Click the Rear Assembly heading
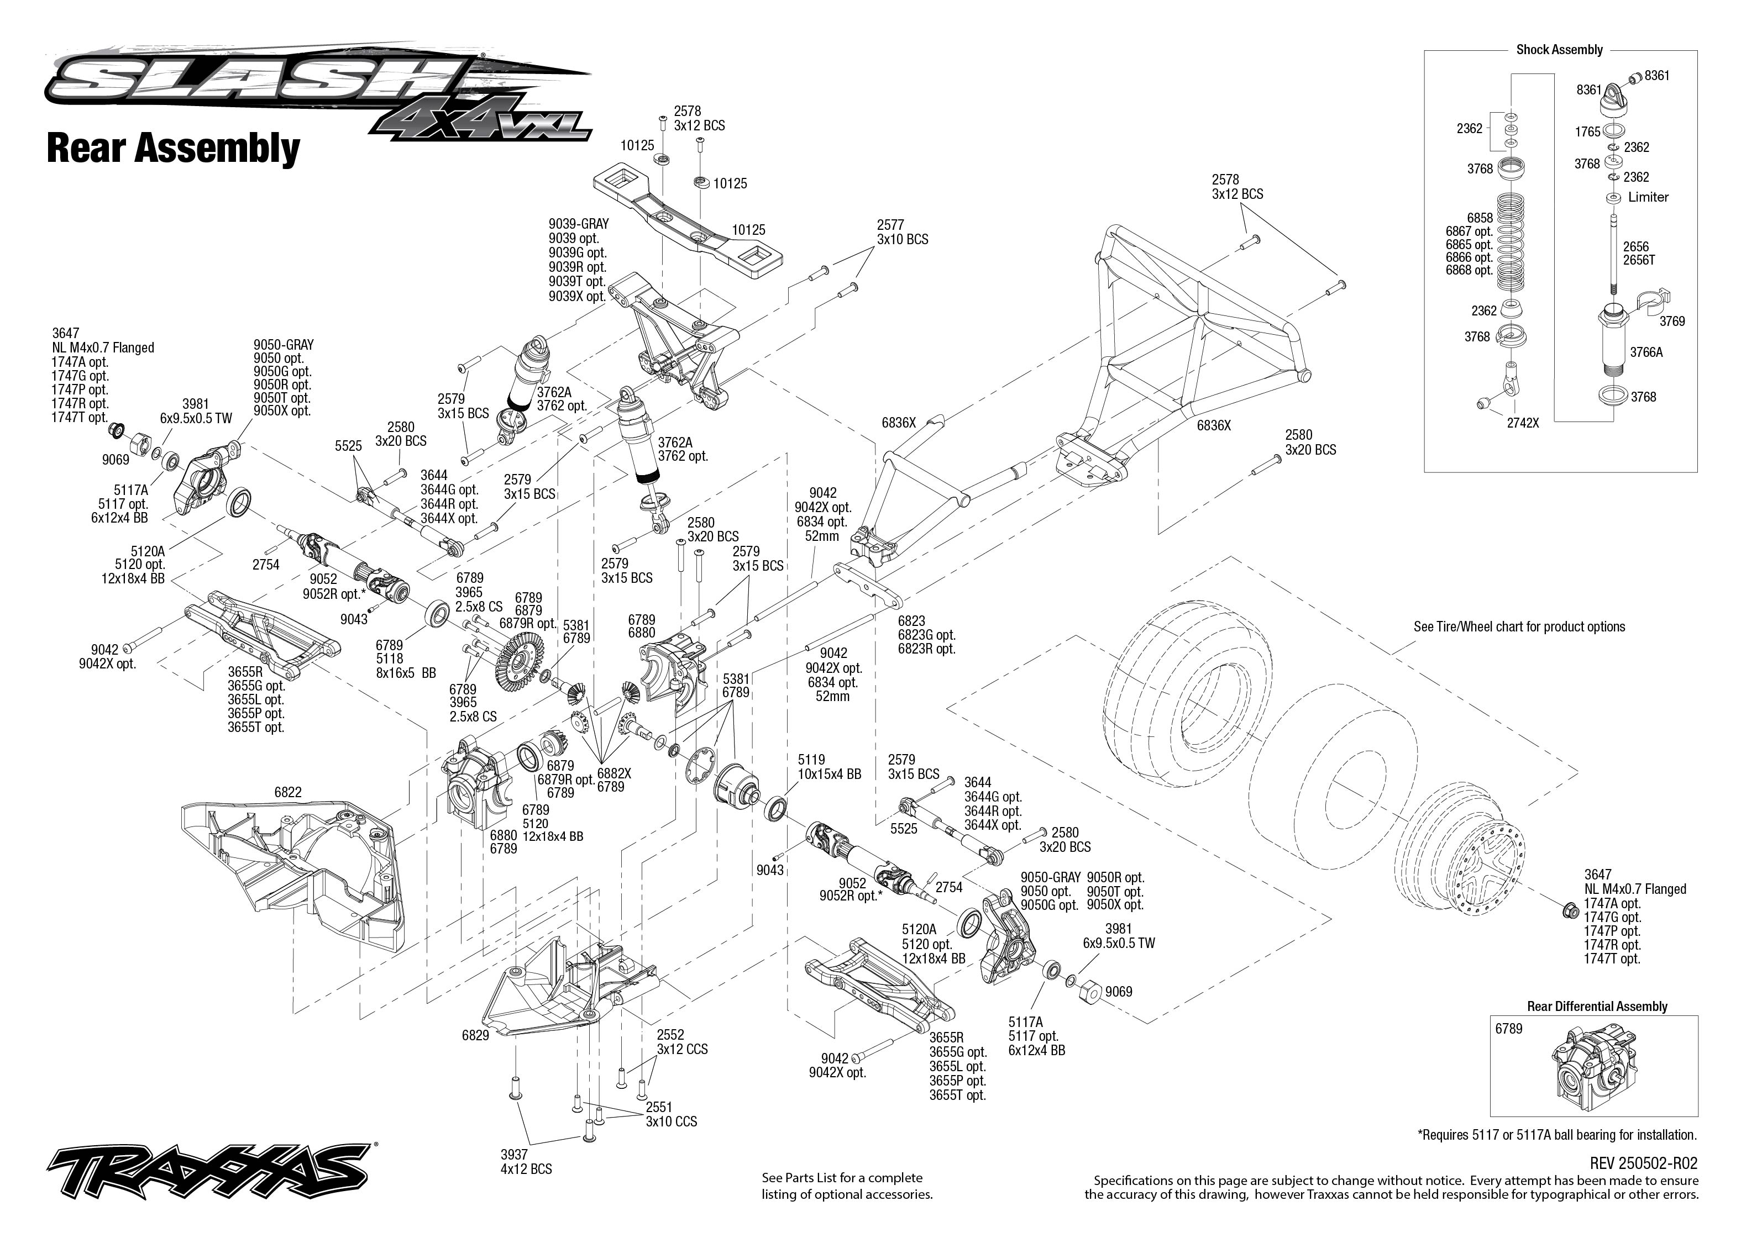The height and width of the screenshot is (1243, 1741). pyautogui.click(x=173, y=149)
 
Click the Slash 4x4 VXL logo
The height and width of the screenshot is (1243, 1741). pyautogui.click(x=318, y=96)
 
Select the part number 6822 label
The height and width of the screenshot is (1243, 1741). pyautogui.click(x=288, y=792)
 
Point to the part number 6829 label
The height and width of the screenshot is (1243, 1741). pyautogui.click(x=475, y=1036)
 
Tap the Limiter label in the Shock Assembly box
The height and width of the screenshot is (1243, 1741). pyautogui.click(x=1648, y=197)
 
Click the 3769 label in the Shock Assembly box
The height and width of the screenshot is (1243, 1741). pyautogui.click(x=1671, y=322)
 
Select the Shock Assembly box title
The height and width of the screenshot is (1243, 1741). pyautogui.click(x=1559, y=50)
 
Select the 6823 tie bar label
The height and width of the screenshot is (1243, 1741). pyautogui.click(x=926, y=635)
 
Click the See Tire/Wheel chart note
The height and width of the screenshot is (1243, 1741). pyautogui.click(x=1518, y=627)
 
